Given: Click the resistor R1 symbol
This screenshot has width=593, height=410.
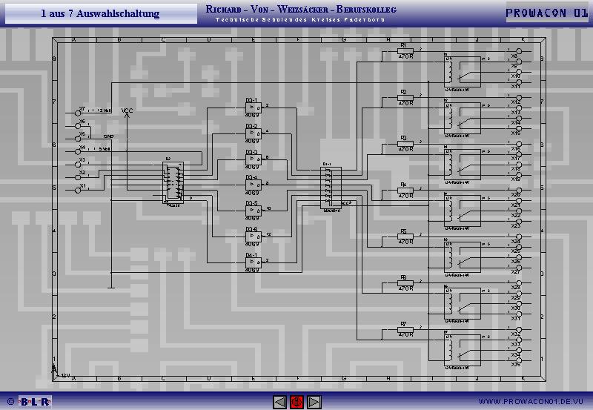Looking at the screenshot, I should pos(405,51).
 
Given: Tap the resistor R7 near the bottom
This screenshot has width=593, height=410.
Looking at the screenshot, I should pos(405,330).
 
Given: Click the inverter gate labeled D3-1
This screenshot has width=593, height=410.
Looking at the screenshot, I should pos(252,108).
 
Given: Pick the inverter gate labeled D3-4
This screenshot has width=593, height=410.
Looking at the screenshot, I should pos(252,185).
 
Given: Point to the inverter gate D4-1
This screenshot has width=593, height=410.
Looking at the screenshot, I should pos(252,262).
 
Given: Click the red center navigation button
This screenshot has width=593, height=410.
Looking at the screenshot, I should pos(296,402).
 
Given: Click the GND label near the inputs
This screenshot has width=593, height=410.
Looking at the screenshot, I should pos(108,137).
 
